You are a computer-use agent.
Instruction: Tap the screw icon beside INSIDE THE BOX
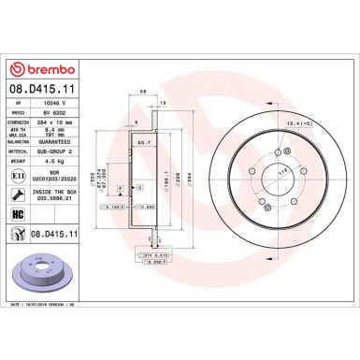20,194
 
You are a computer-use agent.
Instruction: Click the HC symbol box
20,214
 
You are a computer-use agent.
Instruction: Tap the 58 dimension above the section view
142,92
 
